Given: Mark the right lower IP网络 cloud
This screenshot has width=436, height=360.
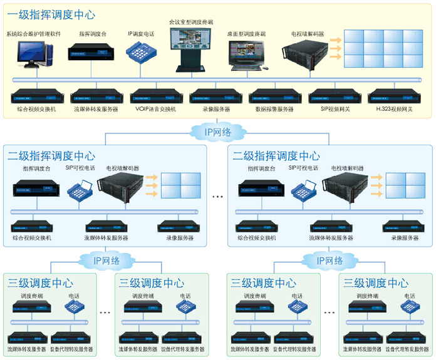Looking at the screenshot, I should click(323, 260).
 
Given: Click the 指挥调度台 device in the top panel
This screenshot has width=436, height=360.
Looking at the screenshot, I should click(87, 51).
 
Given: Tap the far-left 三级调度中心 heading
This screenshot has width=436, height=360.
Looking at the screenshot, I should click(41, 283).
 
